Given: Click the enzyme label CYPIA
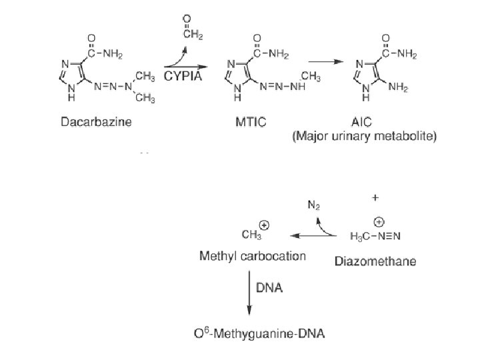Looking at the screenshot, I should point(184,76).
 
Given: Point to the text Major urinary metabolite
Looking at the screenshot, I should point(364,137).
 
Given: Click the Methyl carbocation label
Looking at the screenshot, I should point(253,256).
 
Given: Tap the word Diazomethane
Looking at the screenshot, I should point(375,261).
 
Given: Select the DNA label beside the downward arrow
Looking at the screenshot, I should point(270,288).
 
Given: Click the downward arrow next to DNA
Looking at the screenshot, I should point(249,293).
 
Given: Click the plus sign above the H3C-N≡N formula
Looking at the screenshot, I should point(375,198).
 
